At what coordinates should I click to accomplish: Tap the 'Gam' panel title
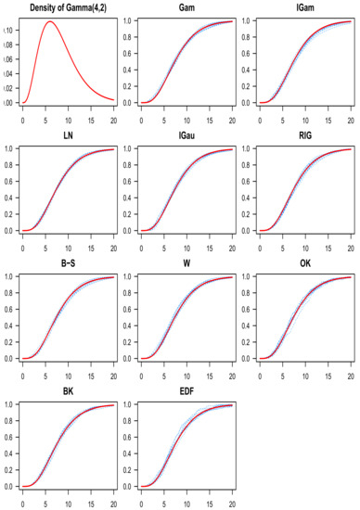coord(180,7)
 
